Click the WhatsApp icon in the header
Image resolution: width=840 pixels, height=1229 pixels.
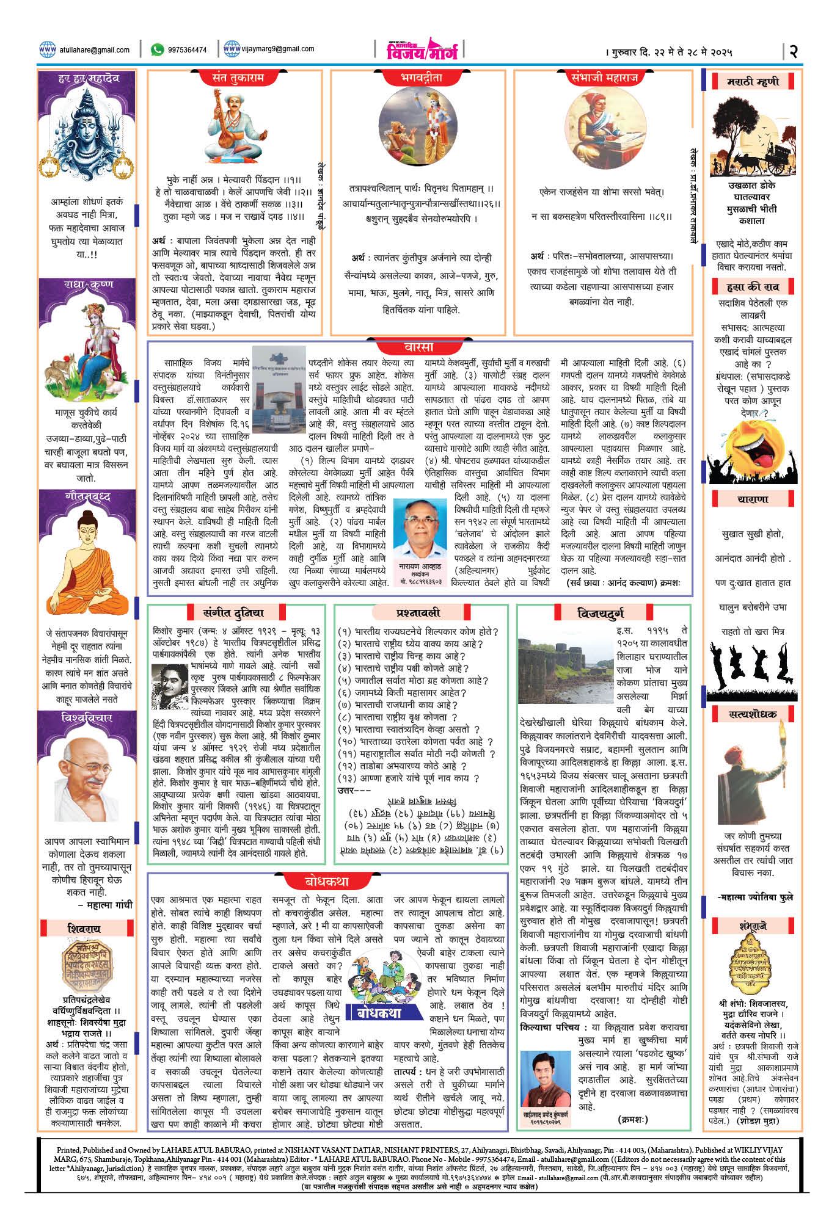click(158, 49)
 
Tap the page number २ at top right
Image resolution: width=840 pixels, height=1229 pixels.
click(793, 51)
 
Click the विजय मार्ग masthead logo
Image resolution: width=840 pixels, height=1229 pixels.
click(422, 49)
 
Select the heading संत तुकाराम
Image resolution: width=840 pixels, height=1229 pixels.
click(237, 78)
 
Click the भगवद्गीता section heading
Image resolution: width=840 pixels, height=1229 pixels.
click(421, 78)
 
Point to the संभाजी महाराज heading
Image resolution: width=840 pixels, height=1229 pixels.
click(604, 78)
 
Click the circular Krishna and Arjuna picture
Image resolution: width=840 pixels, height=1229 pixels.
click(417, 126)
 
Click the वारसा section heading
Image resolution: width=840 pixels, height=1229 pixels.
click(419, 347)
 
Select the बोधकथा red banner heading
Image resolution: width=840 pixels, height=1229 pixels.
click(327, 881)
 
